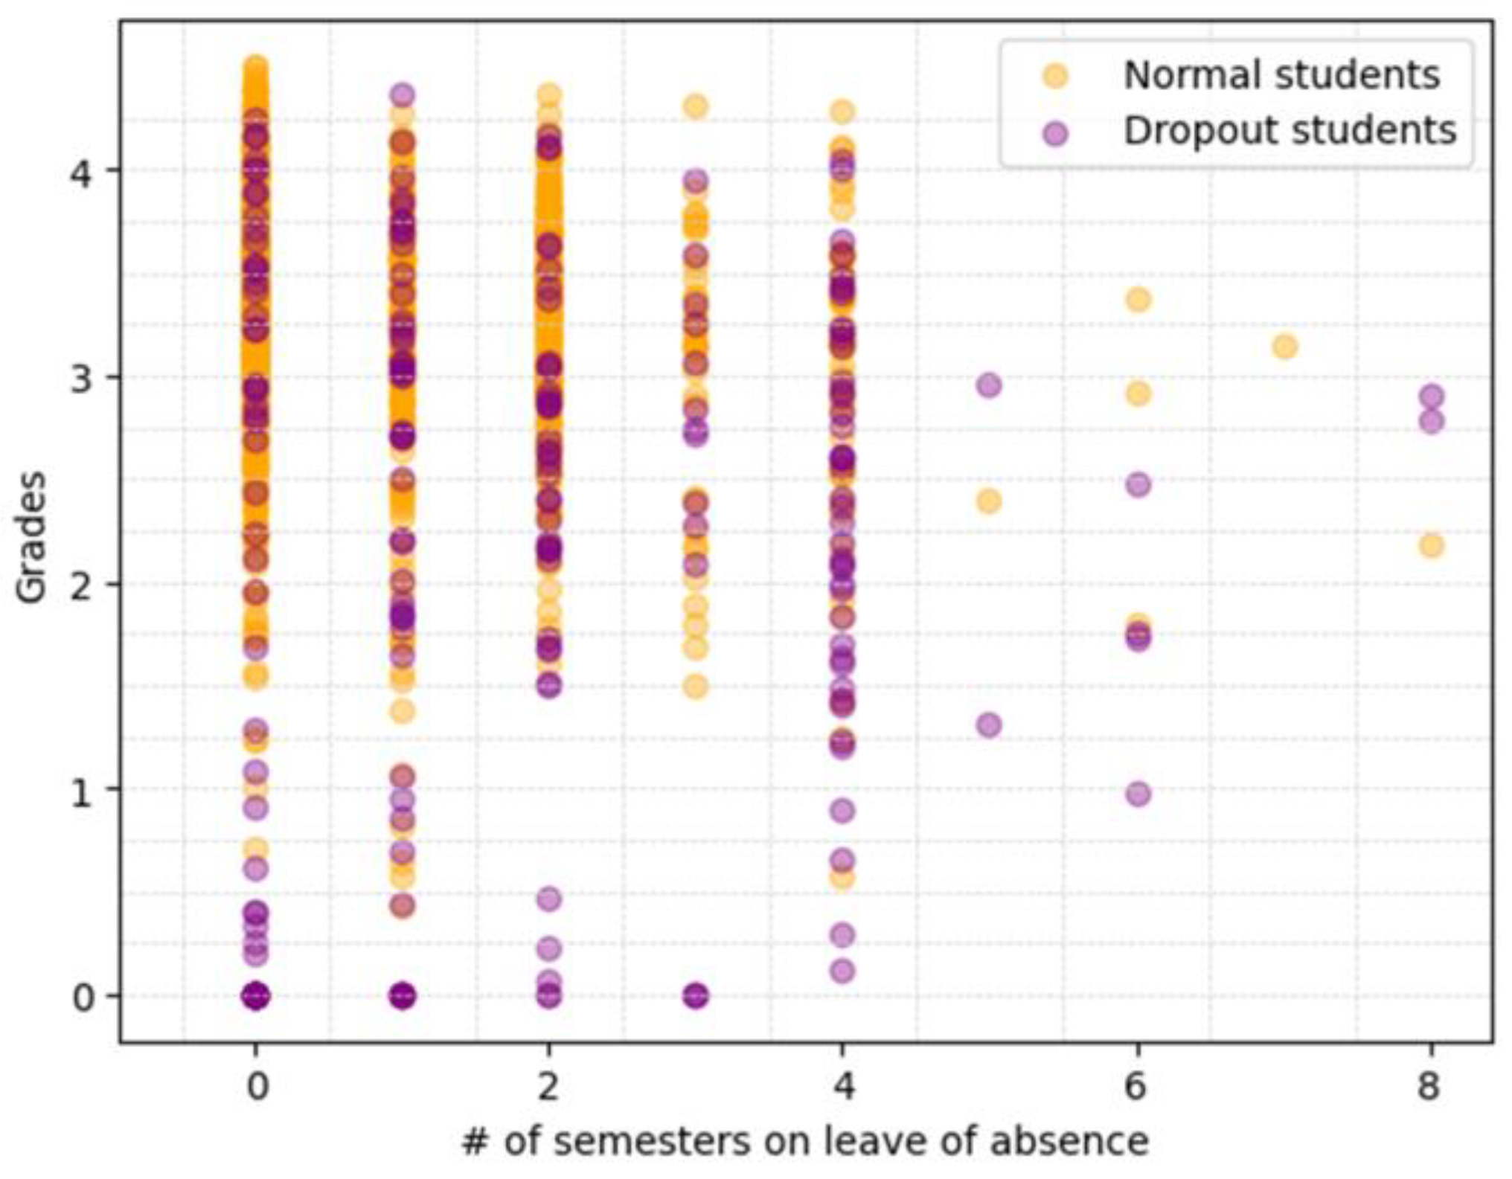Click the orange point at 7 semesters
tap(1284, 347)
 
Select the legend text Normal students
tap(1281, 75)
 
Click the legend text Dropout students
tap(1290, 131)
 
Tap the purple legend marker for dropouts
tap(1055, 133)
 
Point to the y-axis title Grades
tap(32, 537)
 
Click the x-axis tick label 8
tap(1429, 1087)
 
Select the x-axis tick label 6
tap(1136, 1087)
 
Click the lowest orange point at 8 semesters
tap(1431, 546)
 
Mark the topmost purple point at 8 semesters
tap(1431, 396)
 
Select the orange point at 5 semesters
tap(988, 501)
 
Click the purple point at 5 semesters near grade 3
tap(989, 385)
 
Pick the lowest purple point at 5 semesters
tap(989, 725)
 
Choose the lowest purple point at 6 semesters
tap(1138, 794)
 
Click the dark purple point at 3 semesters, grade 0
tap(696, 995)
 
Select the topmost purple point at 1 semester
tap(403, 95)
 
